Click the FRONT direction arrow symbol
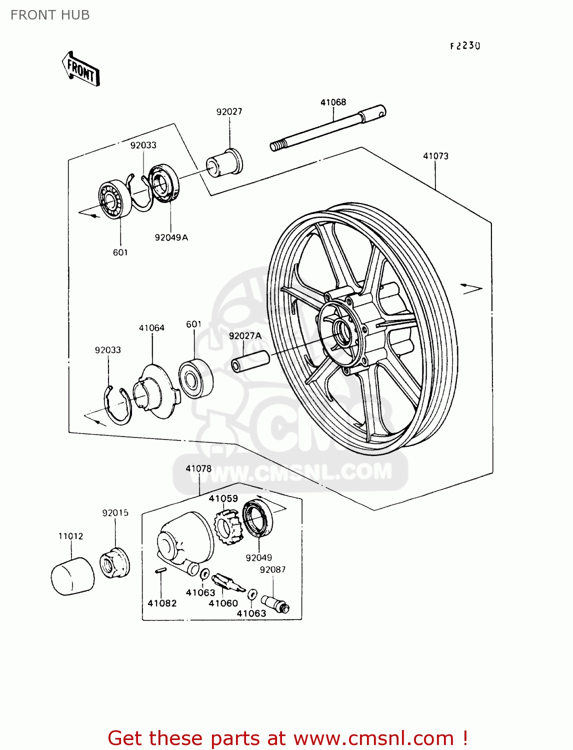(81, 69)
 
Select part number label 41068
(333, 102)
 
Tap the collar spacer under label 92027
(224, 162)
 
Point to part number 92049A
(171, 237)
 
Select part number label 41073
(435, 156)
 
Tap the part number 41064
(151, 328)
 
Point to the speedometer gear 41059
(227, 527)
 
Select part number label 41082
(162, 603)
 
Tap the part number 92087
(272, 569)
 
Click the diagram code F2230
(465, 46)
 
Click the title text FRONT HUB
(50, 15)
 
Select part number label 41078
(198, 468)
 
